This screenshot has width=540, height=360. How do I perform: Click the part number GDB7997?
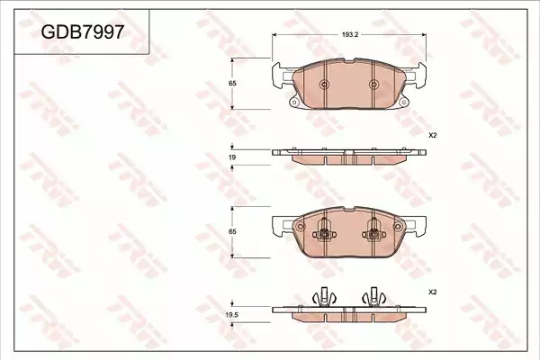pyautogui.click(x=82, y=32)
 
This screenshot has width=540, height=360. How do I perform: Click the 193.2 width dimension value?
pyautogui.click(x=350, y=34)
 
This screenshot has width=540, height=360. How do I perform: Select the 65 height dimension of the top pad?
pyautogui.click(x=232, y=84)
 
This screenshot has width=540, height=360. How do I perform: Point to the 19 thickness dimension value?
pyautogui.click(x=232, y=157)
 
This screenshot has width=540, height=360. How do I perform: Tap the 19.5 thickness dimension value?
pyautogui.click(x=232, y=314)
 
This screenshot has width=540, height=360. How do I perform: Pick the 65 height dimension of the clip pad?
pyautogui.click(x=232, y=232)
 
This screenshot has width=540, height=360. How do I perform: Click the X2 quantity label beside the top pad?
pyautogui.click(x=432, y=136)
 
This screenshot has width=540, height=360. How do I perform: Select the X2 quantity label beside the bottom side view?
pyautogui.click(x=432, y=292)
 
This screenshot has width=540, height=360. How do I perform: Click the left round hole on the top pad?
pyautogui.click(x=324, y=84)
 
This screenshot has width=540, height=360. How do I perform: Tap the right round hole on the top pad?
pyautogui.click(x=373, y=84)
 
